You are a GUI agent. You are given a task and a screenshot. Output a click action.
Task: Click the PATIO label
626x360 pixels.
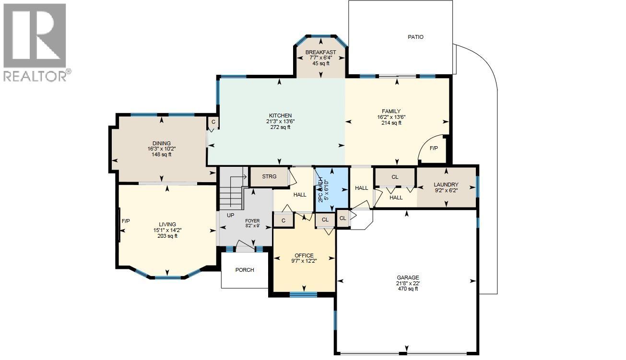point(415,37)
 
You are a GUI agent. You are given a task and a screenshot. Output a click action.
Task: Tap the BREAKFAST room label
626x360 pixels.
point(320,52)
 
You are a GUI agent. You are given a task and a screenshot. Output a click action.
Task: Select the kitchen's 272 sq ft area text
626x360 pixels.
point(280,128)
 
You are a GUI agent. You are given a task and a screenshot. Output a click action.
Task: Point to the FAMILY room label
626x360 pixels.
point(389,112)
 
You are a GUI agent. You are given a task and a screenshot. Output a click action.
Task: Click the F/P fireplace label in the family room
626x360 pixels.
point(434,149)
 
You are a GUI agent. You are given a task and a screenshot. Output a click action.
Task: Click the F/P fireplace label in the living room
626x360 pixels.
point(126,221)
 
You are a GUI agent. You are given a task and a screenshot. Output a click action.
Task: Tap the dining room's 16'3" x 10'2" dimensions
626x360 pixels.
point(162,149)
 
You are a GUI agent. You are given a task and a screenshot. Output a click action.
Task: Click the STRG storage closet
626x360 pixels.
point(269,176)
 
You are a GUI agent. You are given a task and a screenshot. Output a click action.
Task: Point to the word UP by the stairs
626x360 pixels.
point(230,215)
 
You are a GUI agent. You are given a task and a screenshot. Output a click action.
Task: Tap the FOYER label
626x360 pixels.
point(252,221)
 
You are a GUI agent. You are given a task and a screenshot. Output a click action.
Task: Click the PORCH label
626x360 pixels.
point(245,270)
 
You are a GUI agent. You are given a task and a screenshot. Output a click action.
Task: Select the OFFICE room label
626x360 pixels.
point(304,255)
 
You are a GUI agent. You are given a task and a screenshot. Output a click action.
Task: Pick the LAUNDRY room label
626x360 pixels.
point(446,185)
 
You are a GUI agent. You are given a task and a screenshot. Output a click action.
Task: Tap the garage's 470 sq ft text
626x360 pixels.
point(408,289)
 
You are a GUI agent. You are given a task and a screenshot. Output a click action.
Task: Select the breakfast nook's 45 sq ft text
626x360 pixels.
point(321,63)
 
